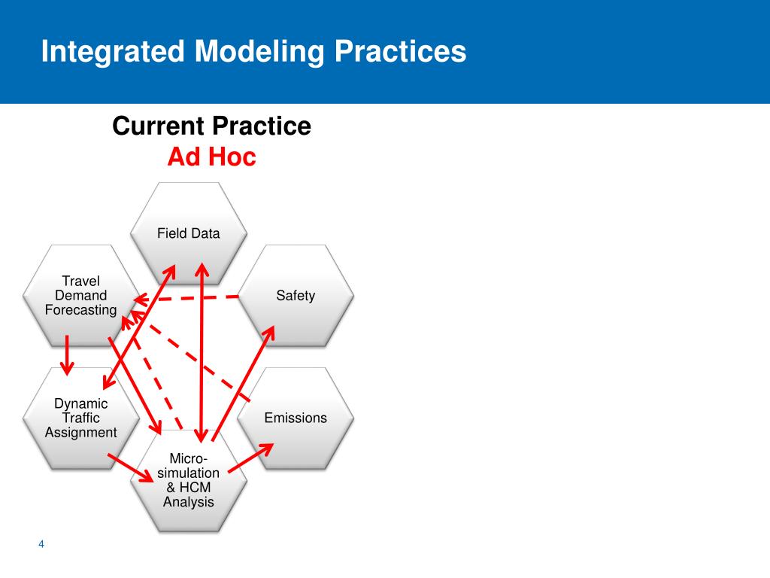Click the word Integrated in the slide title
point(112,52)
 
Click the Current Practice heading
point(211,126)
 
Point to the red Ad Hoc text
point(211,157)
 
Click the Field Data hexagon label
point(188,233)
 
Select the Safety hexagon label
point(295,296)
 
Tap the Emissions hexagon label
point(296,418)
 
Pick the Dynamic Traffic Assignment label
point(81,418)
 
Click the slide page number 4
point(41,544)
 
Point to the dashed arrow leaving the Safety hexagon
point(188,299)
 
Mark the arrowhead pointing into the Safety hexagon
point(269,330)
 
